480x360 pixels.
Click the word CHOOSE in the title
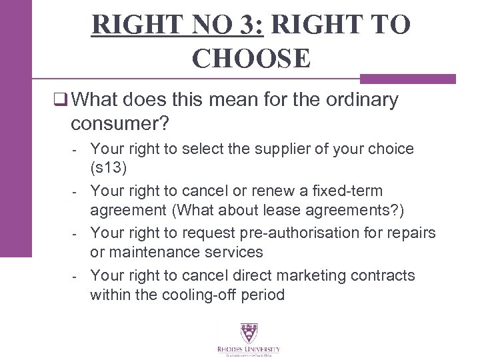tap(251, 59)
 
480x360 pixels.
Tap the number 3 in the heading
tap(249, 24)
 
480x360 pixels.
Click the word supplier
tap(259, 148)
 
